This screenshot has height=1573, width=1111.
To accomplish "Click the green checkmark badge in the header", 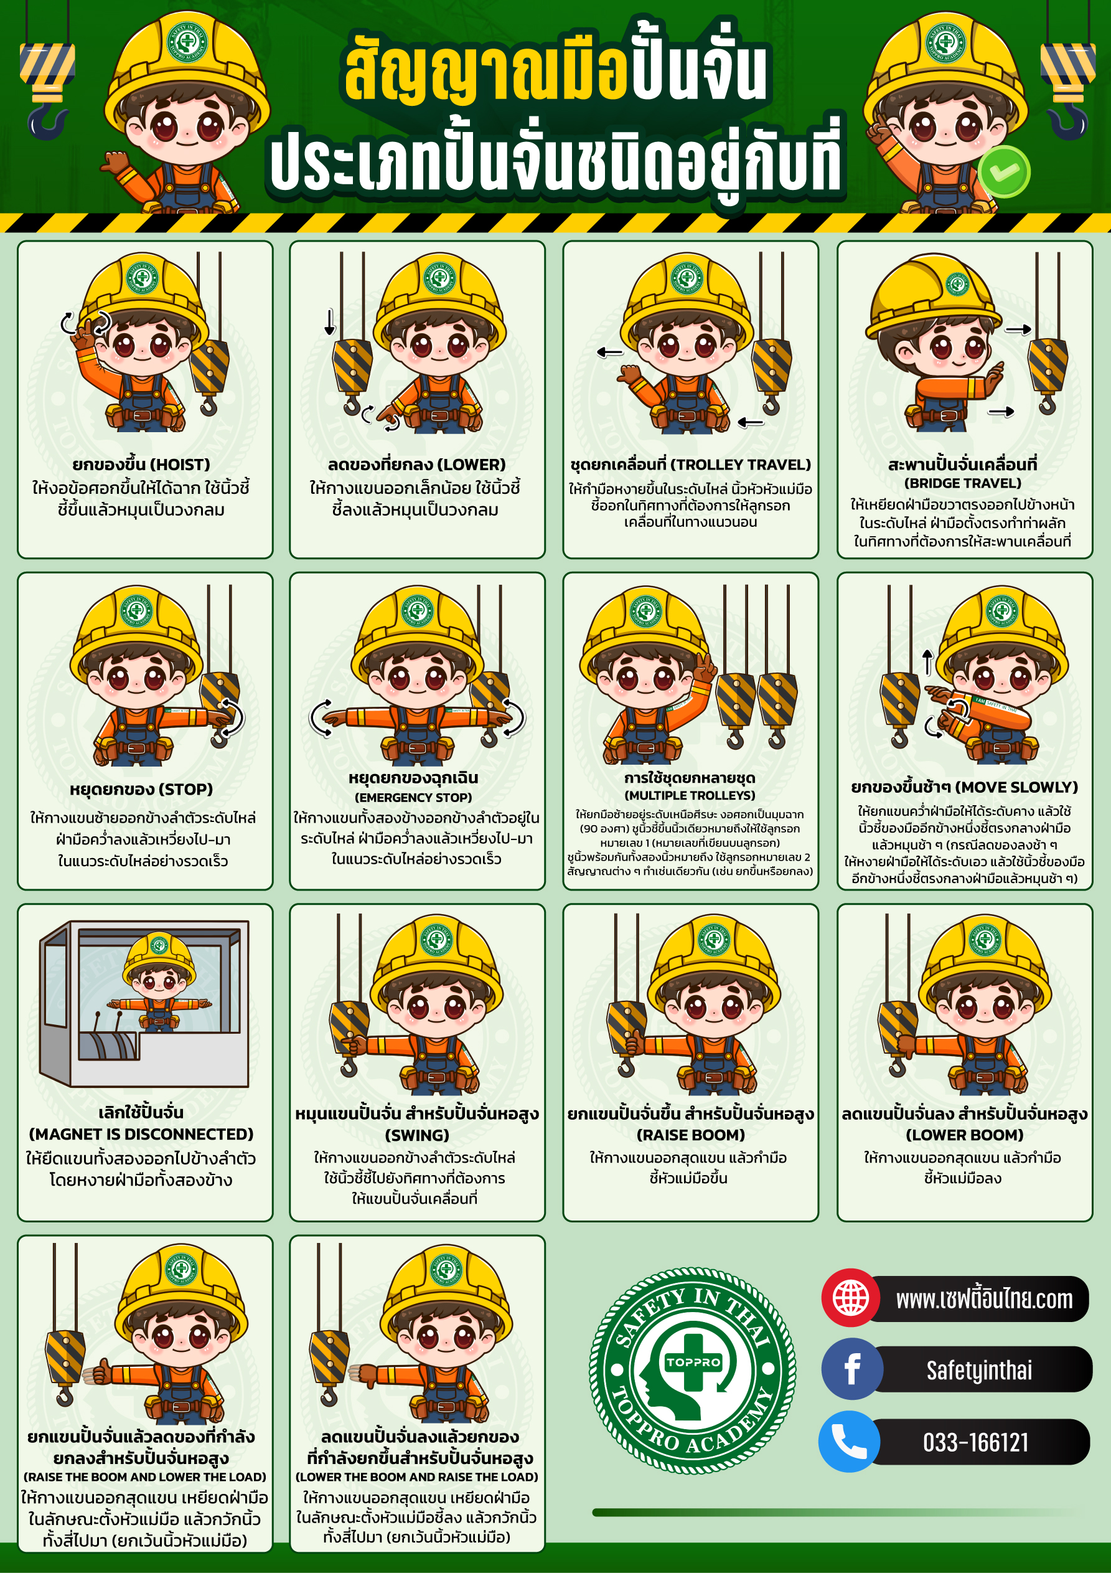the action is click(1004, 171).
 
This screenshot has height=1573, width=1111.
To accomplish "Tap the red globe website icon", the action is click(851, 1297).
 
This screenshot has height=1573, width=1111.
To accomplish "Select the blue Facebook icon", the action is click(851, 1369).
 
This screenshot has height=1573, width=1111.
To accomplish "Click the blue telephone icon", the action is click(850, 1442).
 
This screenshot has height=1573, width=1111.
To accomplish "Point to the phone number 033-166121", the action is click(975, 1443).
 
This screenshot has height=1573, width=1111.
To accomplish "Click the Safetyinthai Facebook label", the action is click(979, 1370).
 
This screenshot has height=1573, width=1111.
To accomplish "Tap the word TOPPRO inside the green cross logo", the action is click(693, 1362).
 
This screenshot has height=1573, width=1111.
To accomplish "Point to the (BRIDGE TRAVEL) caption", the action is click(962, 483).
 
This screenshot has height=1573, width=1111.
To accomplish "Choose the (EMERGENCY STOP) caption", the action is click(413, 798).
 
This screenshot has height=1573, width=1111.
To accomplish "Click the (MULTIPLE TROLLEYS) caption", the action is click(690, 795).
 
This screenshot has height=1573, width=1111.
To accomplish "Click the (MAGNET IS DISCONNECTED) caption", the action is click(141, 1134).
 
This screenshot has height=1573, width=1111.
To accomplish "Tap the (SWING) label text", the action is click(417, 1135).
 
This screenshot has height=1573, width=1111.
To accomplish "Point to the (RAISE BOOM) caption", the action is click(690, 1135).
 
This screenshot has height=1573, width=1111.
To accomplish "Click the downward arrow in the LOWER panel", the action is click(330, 322).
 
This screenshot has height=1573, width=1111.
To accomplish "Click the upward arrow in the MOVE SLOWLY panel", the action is click(927, 663).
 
